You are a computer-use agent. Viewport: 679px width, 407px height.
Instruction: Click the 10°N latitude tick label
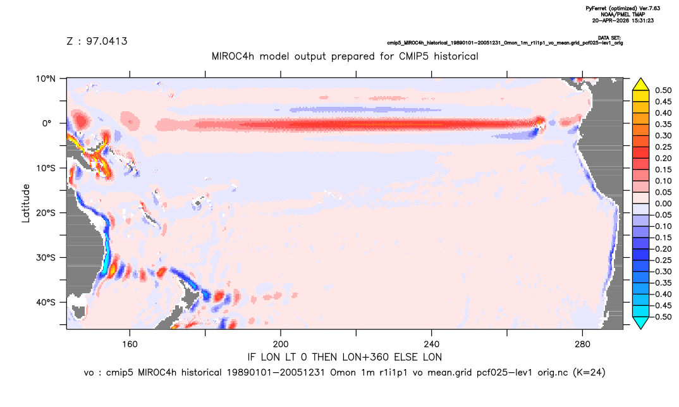[46, 79]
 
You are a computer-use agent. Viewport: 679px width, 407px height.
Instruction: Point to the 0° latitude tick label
[47, 123]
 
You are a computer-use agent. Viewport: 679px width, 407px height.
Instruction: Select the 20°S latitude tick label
[46, 213]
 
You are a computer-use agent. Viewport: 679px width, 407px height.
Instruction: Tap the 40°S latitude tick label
[46, 302]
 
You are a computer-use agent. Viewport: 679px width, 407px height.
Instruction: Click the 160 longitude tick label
[130, 344]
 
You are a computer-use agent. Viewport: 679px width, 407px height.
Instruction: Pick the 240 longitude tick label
[432, 344]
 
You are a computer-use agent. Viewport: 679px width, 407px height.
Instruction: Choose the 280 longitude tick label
[582, 344]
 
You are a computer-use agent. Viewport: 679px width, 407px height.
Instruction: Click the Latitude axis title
[26, 203]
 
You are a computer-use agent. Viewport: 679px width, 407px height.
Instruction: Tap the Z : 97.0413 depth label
[97, 41]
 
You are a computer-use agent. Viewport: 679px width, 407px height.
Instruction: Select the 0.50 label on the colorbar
[663, 90]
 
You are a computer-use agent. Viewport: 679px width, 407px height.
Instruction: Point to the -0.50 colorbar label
[662, 317]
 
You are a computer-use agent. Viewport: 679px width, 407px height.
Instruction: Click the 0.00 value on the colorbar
[663, 203]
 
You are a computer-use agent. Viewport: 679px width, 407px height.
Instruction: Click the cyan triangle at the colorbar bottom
[640, 322]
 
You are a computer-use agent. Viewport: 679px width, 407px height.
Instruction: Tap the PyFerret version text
[623, 8]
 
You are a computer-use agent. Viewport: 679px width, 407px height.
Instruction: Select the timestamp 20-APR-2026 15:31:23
[623, 20]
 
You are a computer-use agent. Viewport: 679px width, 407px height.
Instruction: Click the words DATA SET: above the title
[610, 38]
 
